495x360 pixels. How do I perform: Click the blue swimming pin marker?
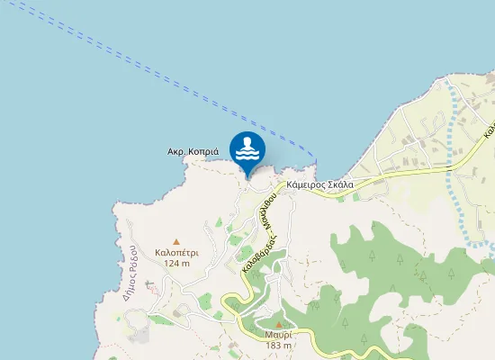coord(247,148)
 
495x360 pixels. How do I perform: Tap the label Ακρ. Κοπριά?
coord(193,152)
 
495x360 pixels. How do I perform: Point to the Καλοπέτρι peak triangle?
coord(176,241)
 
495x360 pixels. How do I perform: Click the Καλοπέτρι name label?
coord(176,253)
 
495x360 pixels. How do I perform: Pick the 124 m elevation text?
coord(176,264)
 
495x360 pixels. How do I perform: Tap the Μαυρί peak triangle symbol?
coord(279,324)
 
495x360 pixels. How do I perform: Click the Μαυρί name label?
coord(279,335)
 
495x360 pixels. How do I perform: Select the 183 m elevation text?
coord(279,346)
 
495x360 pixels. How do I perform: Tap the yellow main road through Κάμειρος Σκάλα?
coord(396,171)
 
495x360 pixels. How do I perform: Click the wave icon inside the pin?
coord(247,153)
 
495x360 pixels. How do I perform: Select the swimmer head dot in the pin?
coord(247,140)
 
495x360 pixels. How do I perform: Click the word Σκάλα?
coord(339,184)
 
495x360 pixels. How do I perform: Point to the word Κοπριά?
coord(203,152)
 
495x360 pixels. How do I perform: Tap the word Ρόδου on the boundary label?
coord(130,257)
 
